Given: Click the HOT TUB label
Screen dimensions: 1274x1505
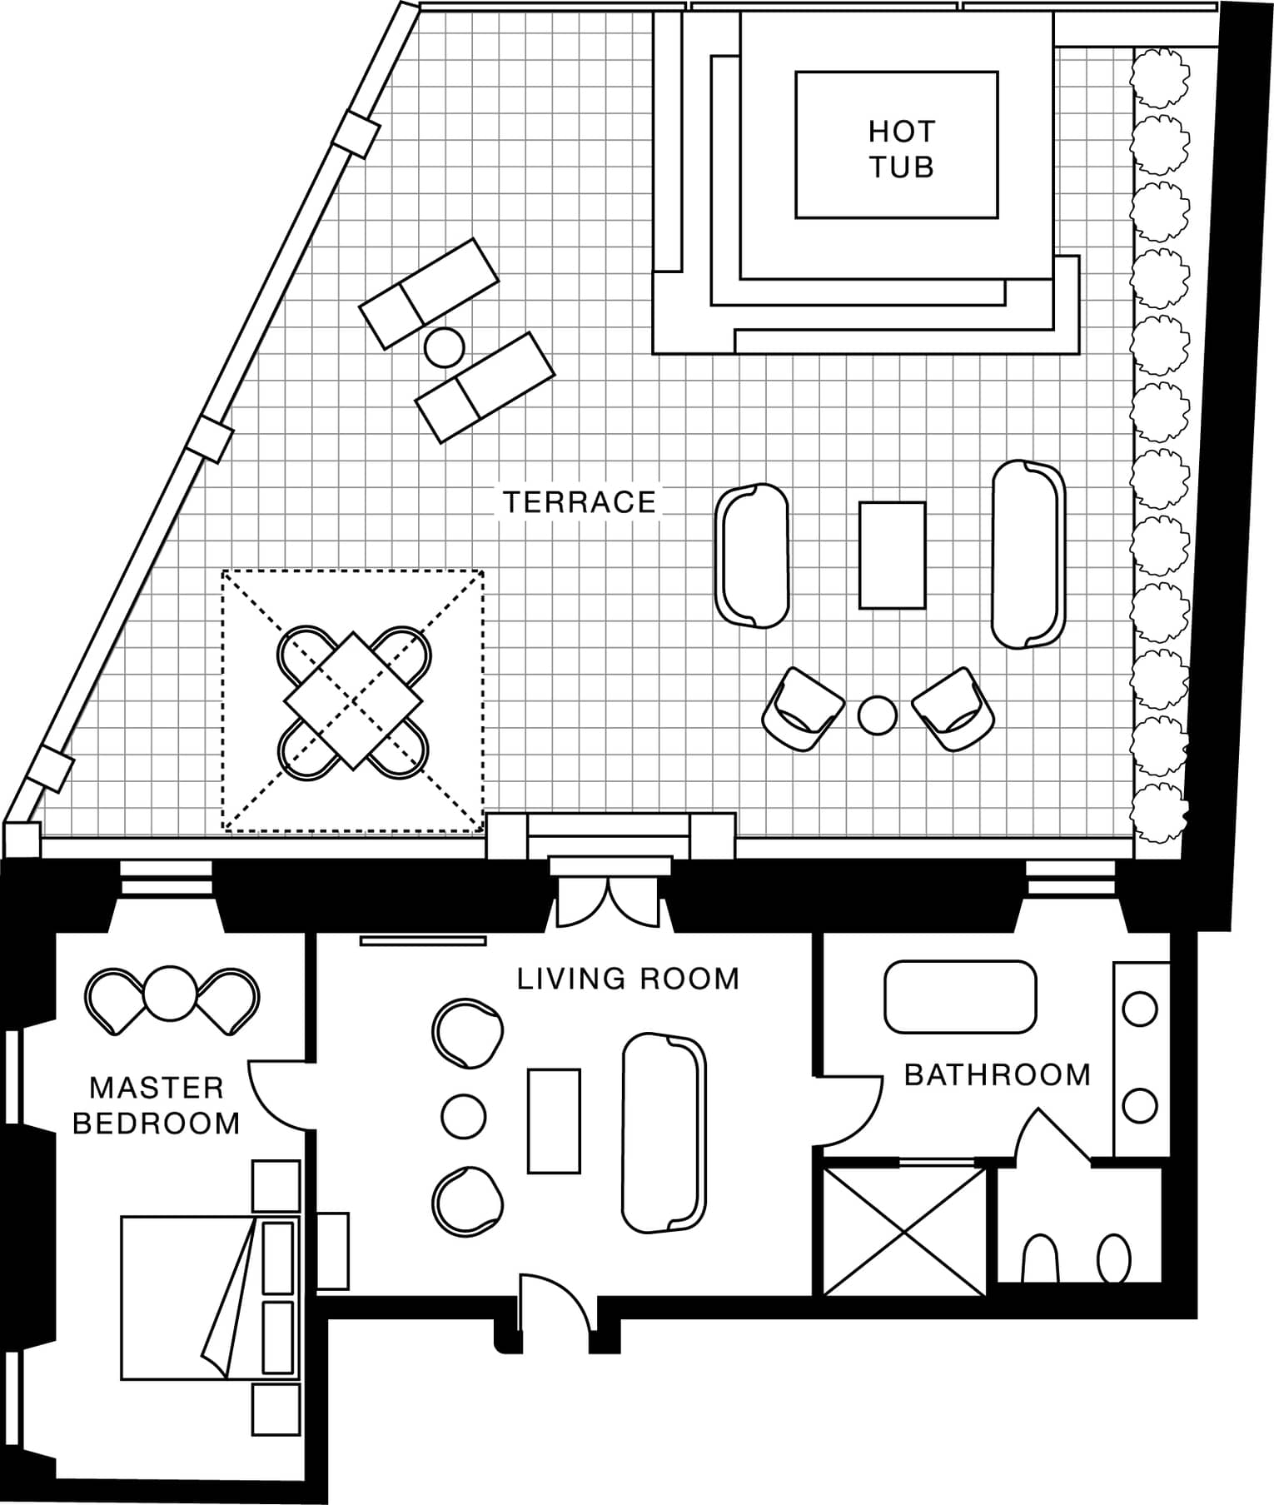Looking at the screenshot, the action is click(901, 149).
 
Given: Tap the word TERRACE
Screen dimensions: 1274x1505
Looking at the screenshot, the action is click(580, 502).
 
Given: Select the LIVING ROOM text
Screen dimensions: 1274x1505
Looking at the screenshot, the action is click(628, 978).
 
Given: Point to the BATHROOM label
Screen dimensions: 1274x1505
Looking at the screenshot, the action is click(997, 1074).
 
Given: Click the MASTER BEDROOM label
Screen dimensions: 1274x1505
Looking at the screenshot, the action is click(157, 1105).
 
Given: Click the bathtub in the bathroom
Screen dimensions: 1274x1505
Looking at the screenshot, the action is click(960, 997).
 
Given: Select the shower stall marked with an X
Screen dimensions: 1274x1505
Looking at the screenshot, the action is click(904, 1231).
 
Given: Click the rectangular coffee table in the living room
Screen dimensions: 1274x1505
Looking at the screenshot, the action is click(554, 1121).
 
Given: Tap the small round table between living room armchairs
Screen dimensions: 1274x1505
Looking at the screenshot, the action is click(463, 1116).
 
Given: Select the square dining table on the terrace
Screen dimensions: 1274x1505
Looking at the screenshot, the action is click(353, 700).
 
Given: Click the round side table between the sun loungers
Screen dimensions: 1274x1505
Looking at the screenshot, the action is click(444, 347).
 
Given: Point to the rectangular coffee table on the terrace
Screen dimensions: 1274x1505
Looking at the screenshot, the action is click(892, 555).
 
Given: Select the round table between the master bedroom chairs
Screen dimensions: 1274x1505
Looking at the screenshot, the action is click(170, 993).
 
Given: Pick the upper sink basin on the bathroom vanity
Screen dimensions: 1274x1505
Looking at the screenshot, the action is click(1139, 1009).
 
